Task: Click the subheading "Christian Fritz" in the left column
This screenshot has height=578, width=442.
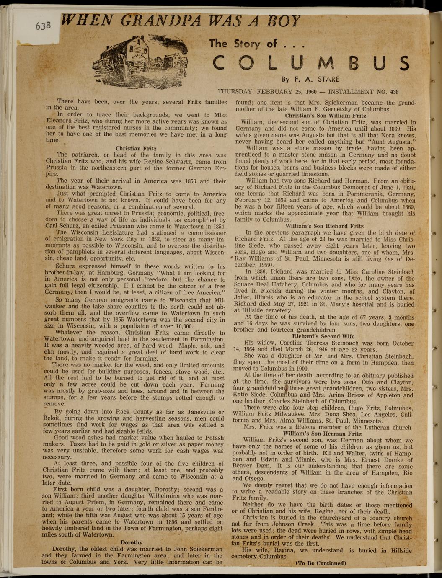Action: point(136,148)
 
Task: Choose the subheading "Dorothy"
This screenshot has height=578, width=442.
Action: point(132,542)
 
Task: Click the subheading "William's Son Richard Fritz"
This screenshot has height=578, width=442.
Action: point(324,226)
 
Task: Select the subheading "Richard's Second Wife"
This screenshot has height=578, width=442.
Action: point(323,336)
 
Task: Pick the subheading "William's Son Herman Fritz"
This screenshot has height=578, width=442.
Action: point(322,434)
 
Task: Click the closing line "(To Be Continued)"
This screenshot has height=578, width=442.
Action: point(321,563)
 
